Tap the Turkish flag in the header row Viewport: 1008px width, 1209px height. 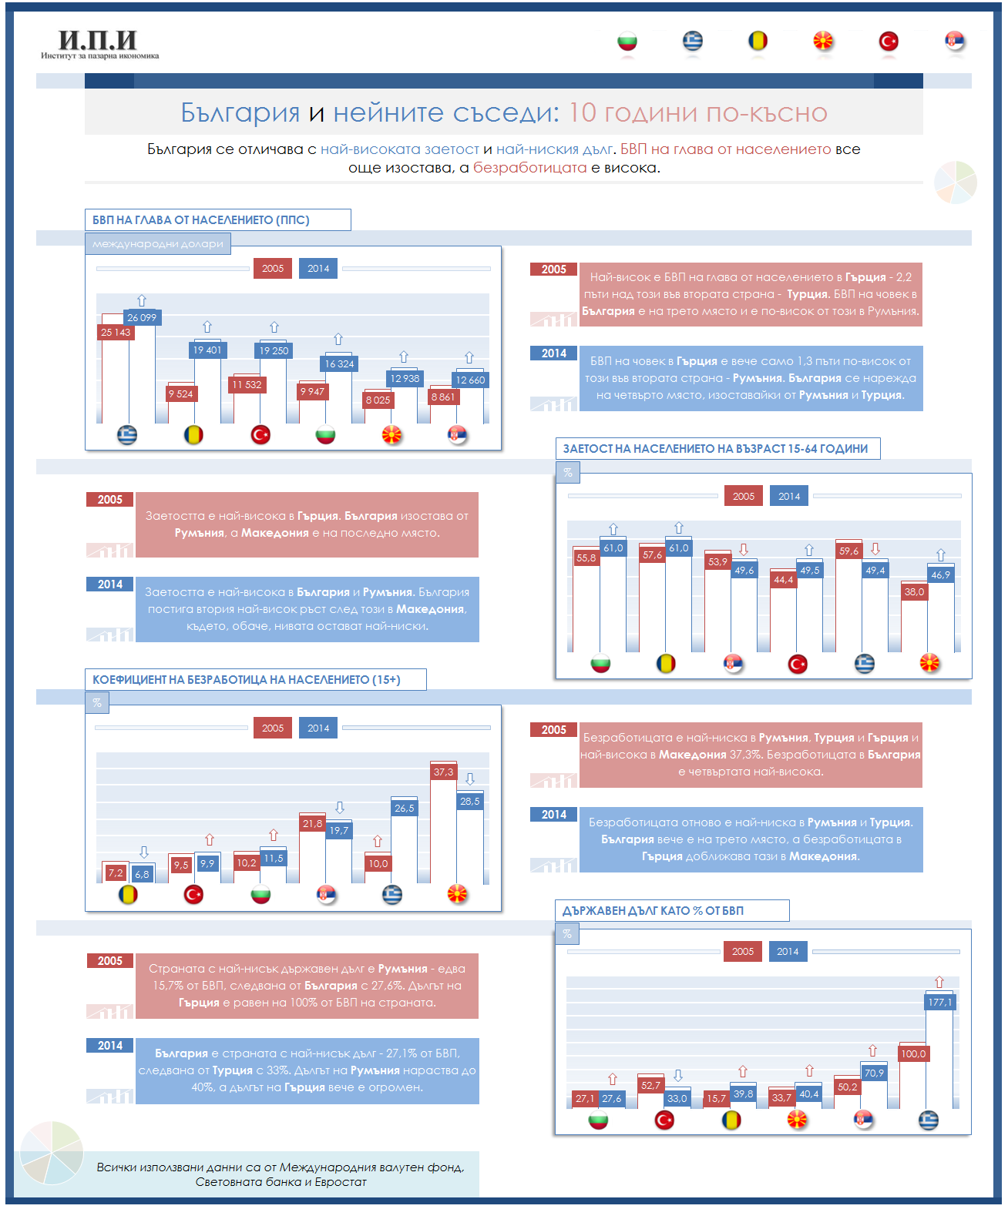click(889, 41)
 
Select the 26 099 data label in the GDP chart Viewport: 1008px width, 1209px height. click(142, 317)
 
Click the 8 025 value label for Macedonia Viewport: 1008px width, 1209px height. click(378, 400)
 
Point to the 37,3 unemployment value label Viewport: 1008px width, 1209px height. click(443, 772)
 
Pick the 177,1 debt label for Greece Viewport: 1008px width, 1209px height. click(939, 1002)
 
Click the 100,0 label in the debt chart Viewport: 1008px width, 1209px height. click(913, 1053)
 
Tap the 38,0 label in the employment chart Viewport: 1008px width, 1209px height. click(914, 591)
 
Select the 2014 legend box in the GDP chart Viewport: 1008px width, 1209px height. click(318, 268)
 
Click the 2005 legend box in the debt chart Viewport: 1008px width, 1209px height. click(743, 951)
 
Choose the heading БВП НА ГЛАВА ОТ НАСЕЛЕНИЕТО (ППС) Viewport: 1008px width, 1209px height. click(201, 220)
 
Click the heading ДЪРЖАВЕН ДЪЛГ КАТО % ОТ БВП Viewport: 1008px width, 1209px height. click(654, 911)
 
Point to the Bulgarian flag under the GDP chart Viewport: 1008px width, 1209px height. click(326, 435)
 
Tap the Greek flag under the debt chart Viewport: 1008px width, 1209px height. click(928, 1120)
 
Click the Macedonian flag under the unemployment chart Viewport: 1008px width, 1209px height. click(458, 894)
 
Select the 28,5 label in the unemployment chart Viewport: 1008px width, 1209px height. click(470, 801)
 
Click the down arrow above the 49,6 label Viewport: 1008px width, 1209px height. click(744, 550)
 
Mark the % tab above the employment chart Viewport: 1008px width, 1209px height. click(568, 472)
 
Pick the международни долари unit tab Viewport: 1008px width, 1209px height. click(158, 244)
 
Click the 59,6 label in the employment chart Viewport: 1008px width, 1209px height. click(848, 551)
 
